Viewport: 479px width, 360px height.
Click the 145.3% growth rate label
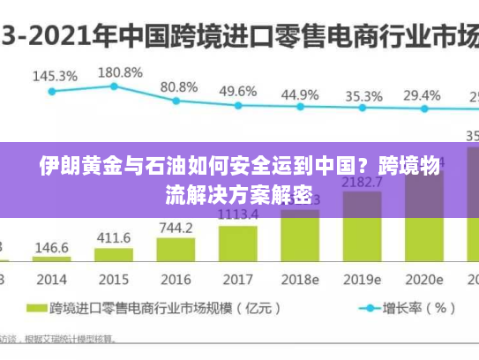click(x=55, y=76)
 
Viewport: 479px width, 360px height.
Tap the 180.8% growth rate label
click(x=119, y=71)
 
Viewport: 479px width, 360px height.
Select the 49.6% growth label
click(x=238, y=91)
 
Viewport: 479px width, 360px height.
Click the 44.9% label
click(x=300, y=94)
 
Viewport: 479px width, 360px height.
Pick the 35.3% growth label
click(x=363, y=95)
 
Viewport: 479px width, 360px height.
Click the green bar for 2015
click(x=114, y=255)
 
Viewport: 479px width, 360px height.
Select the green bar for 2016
click(x=176, y=250)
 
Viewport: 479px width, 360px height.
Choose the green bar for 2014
click(x=52, y=259)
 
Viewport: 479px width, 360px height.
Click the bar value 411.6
click(x=114, y=238)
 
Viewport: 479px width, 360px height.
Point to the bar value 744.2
click(x=176, y=228)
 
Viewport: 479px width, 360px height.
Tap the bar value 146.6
click(x=52, y=247)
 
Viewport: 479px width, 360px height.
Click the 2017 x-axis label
click(x=237, y=280)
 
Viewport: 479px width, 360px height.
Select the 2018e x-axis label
click(x=300, y=280)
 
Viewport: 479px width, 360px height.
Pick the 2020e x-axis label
click(x=423, y=280)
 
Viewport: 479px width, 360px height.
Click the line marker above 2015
click(x=114, y=86)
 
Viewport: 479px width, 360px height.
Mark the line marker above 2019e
click(x=362, y=109)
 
